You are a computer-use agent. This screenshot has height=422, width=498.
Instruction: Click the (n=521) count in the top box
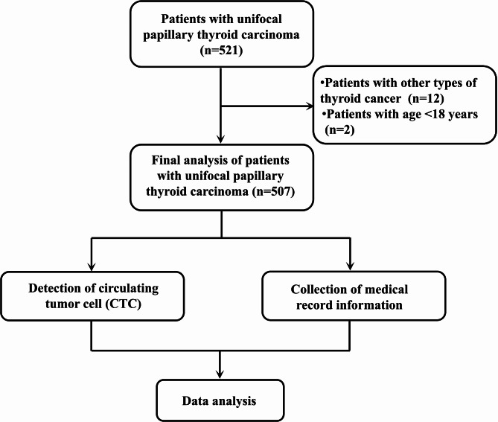221,51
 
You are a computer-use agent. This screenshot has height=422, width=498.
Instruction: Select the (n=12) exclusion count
426,98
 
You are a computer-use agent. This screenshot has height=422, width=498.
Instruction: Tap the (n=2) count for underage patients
339,130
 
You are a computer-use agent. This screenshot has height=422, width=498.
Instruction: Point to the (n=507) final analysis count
273,191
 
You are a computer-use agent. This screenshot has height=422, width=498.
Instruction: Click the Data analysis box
220,400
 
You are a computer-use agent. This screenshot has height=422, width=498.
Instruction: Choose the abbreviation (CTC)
124,304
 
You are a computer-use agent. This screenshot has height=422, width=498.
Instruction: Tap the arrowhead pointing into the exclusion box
310,106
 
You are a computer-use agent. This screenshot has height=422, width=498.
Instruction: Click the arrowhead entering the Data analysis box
220,374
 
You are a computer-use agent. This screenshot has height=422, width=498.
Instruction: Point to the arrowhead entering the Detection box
92,266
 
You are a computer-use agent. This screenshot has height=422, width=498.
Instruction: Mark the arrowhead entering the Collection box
350,266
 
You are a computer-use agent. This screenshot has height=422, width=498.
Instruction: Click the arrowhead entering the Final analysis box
220,138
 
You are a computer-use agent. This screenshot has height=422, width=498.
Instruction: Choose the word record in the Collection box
315,305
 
